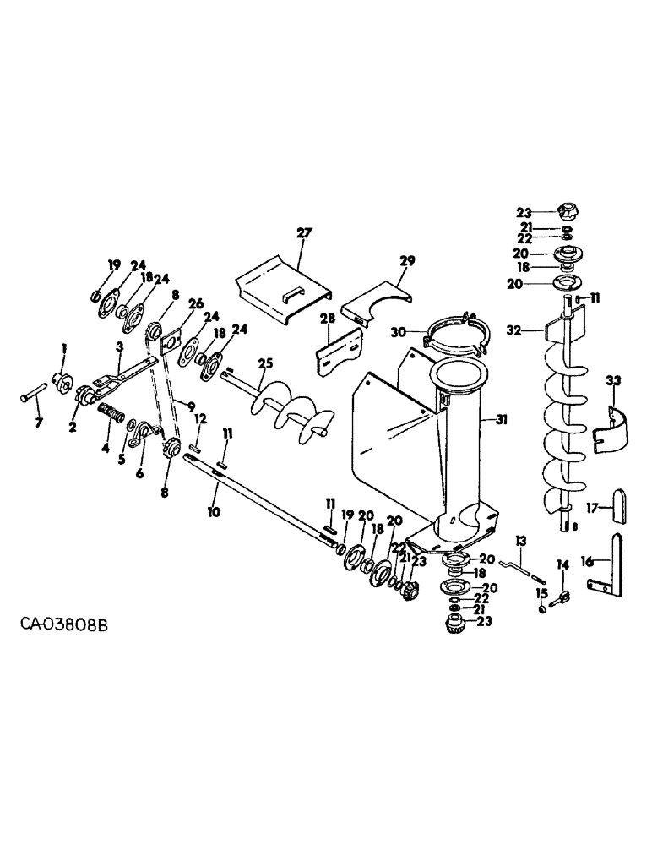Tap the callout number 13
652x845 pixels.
(x=521, y=541)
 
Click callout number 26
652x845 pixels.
(x=196, y=304)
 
